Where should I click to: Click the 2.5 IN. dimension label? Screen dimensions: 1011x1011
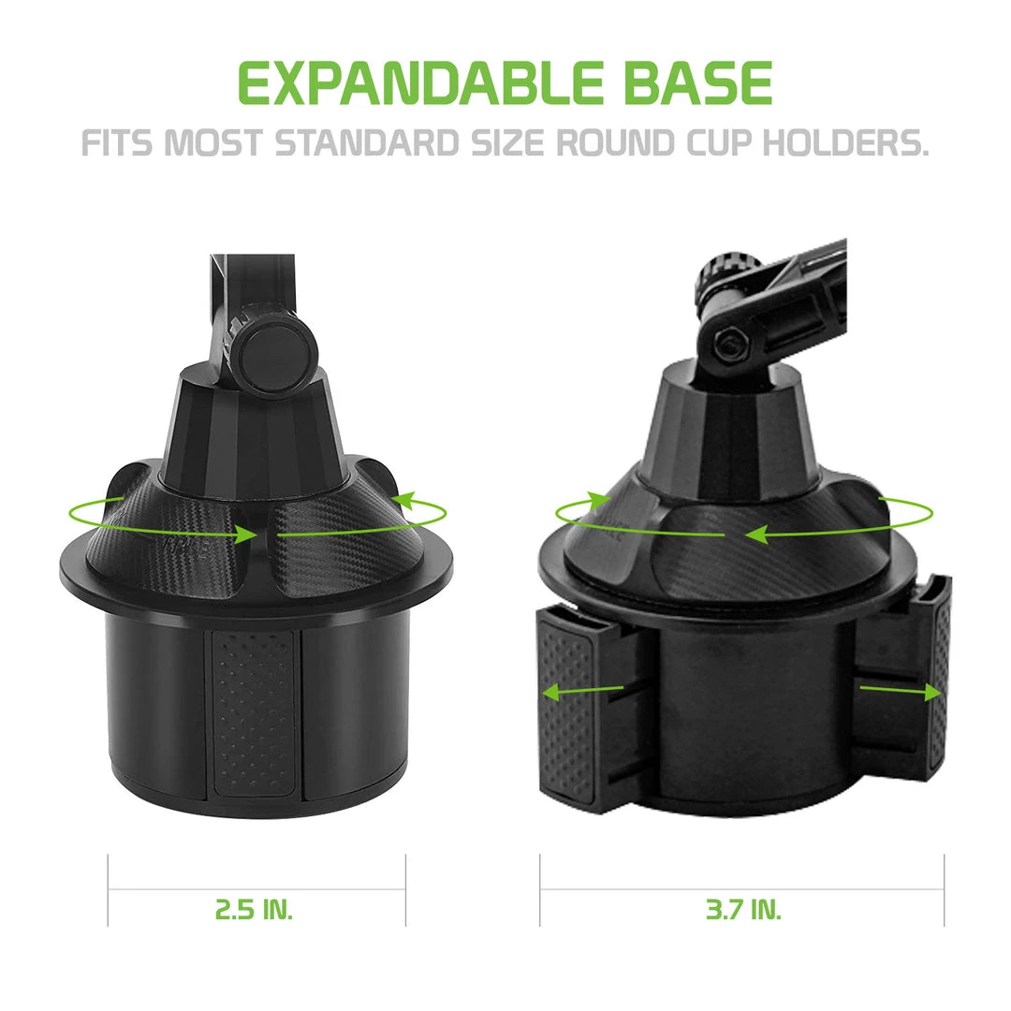(x=255, y=908)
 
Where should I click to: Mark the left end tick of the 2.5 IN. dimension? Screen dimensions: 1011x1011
(x=109, y=889)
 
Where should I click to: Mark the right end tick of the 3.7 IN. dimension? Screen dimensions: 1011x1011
(x=944, y=889)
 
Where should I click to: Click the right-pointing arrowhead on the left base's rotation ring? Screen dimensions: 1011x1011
(x=245, y=535)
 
